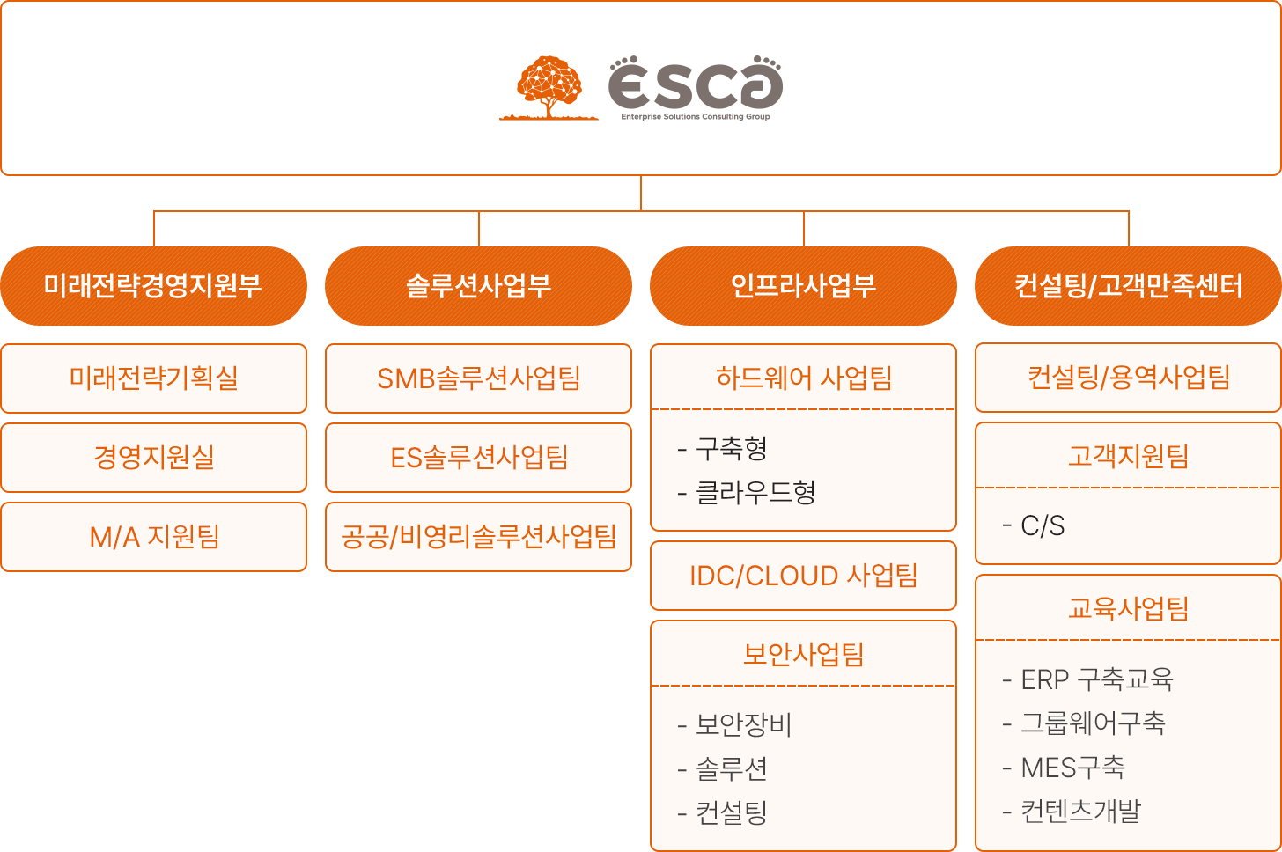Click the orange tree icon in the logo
[x=549, y=87]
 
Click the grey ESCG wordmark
[x=696, y=82]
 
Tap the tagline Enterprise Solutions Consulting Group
[x=696, y=117]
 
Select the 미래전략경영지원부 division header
[x=153, y=286]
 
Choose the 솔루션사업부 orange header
[x=478, y=286]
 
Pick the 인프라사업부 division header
[x=803, y=286]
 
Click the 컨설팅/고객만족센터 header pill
[x=1128, y=286]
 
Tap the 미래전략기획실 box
[x=153, y=378]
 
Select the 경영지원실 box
[x=153, y=458]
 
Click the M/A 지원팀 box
[x=153, y=537]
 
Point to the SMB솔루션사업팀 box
[x=478, y=378]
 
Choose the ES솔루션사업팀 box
[x=478, y=458]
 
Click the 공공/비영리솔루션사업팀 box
[x=478, y=537]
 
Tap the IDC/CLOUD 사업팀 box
[x=803, y=576]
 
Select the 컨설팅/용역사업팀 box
[x=1128, y=378]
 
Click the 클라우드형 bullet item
[x=747, y=492]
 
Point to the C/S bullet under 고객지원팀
[x=1034, y=525]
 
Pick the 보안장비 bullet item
[x=735, y=724]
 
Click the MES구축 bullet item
[x=1064, y=768]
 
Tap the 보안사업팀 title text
[x=803, y=654]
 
